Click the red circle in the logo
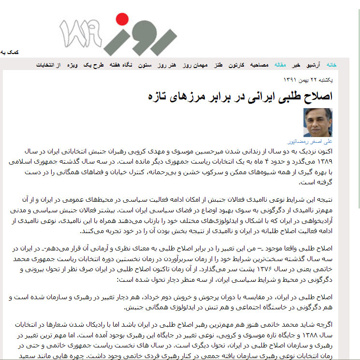click(x=119, y=20)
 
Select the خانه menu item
click(x=331, y=65)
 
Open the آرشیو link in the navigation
click(x=315, y=65)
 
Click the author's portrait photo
click(x=318, y=123)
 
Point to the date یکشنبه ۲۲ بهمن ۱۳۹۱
click(x=307, y=80)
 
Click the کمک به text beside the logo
click(x=9, y=52)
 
